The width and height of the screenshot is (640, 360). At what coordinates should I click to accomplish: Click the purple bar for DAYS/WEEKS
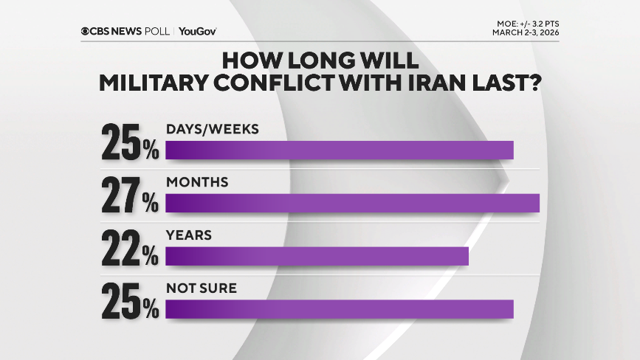340,150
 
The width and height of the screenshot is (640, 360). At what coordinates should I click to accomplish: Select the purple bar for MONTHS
353,203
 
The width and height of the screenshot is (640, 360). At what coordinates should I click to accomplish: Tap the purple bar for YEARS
317,256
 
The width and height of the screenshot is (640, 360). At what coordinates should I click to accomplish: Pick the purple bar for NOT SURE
340,309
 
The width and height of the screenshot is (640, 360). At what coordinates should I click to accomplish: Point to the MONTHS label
197,181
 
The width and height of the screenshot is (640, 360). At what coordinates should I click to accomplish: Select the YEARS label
189,235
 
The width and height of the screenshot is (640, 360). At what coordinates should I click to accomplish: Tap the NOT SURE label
202,288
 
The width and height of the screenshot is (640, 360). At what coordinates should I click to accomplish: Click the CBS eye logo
86,31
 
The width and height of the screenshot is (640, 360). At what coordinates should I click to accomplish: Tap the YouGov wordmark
198,31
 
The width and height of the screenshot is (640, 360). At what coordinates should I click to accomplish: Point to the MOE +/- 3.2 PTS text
529,24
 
